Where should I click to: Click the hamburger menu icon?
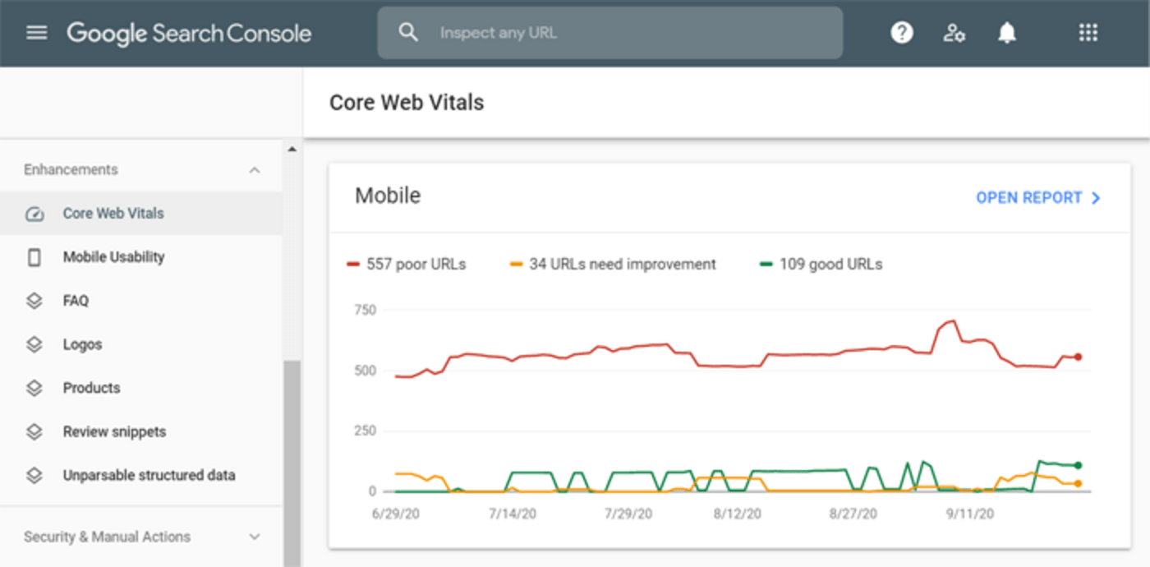37,33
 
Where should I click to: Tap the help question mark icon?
902,33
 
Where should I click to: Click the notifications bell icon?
1007,33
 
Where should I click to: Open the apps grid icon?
1088,33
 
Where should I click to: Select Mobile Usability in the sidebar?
113,257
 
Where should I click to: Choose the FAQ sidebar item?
76,301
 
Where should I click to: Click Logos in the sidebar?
82,344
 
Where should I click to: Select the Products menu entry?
91,388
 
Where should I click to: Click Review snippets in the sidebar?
114,431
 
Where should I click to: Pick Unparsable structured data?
149,475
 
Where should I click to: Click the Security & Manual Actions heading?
107,537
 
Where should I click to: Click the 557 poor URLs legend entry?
407,265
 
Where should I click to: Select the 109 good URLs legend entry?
821,265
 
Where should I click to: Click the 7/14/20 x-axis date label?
513,514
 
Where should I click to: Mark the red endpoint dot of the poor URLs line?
1078,357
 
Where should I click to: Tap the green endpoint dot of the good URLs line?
1078,466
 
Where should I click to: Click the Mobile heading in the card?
388,196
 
